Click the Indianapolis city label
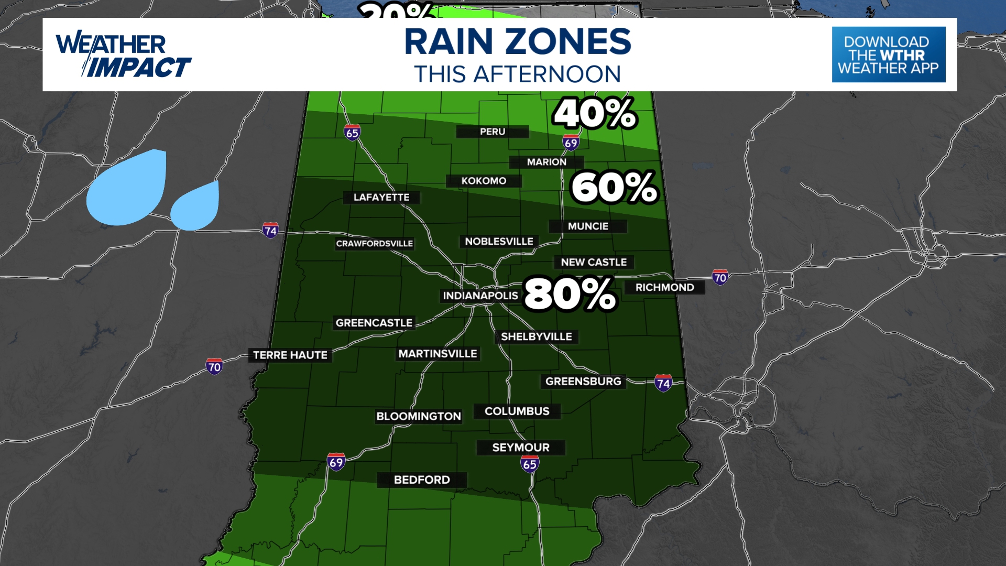pyautogui.click(x=480, y=296)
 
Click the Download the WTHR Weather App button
pyautogui.click(x=889, y=55)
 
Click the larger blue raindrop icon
pyautogui.click(x=128, y=187)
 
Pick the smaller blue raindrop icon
pyautogui.click(x=196, y=206)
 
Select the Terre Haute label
pyautogui.click(x=290, y=355)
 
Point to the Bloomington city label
pyautogui.click(x=418, y=416)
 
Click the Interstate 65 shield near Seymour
pyautogui.click(x=530, y=464)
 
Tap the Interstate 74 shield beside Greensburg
pyautogui.click(x=663, y=383)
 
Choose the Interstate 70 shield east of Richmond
pyautogui.click(x=720, y=277)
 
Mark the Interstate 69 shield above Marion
pyautogui.click(x=571, y=143)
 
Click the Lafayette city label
pyautogui.click(x=381, y=197)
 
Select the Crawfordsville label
pyautogui.click(x=374, y=243)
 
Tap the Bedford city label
pyautogui.click(x=422, y=480)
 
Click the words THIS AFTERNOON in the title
pyautogui.click(x=518, y=74)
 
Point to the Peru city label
pyautogui.click(x=493, y=132)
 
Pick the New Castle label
pyautogui.click(x=594, y=262)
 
